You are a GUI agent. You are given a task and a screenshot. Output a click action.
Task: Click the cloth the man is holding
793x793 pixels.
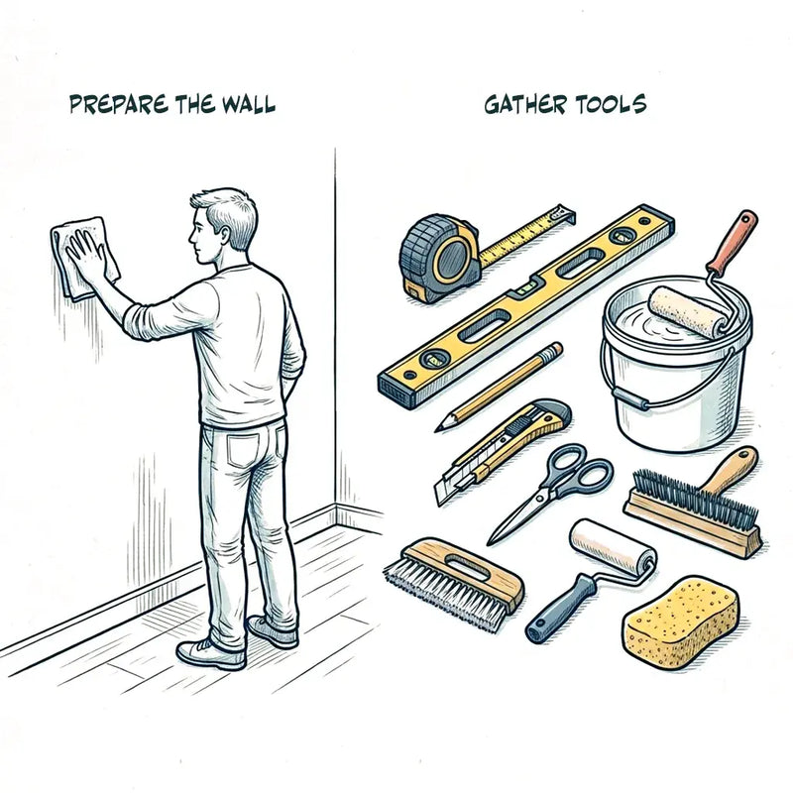83,258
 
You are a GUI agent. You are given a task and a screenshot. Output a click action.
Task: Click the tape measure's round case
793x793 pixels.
439,258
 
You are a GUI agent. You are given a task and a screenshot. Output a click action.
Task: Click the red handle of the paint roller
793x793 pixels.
735,240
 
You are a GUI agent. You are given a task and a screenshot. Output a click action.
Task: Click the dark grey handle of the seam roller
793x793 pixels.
559,609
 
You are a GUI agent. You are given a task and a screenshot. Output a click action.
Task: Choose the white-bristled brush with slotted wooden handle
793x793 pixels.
454,584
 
